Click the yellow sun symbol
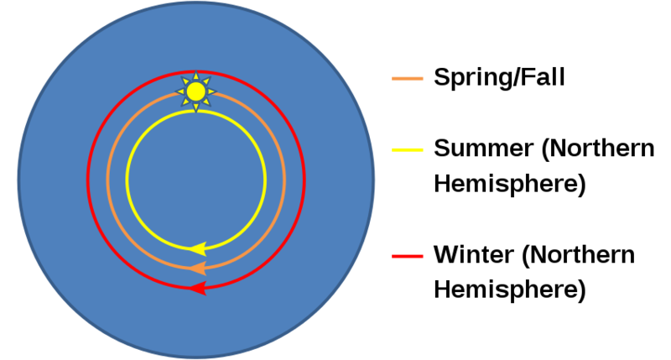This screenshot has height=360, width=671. pos(196,91)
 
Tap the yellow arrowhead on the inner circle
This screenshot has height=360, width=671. pos(197,248)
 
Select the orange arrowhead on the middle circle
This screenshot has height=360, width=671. pos(197,269)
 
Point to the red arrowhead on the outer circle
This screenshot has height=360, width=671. pos(197,288)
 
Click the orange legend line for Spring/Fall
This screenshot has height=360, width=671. pos(408,78)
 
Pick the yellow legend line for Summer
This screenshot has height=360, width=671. pos(408,150)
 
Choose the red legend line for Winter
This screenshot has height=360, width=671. pos(408,256)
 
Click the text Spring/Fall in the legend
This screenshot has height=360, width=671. pos(499,77)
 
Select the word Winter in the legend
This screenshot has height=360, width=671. pos(474,254)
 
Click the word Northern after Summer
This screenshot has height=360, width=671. pos(598,149)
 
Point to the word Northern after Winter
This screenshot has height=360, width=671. pos(578,255)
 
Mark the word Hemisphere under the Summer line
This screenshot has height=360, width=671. pos(510,185)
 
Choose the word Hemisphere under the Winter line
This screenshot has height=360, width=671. pos(510,290)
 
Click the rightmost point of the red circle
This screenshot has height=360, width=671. pos(304,180)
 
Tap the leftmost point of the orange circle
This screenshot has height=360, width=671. pos(108,180)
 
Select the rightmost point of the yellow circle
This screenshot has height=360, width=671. pos(265,180)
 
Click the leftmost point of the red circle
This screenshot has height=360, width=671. pos(88,180)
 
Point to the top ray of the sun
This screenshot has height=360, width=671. pos(196,76)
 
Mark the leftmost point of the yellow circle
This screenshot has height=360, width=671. pos(127,180)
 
